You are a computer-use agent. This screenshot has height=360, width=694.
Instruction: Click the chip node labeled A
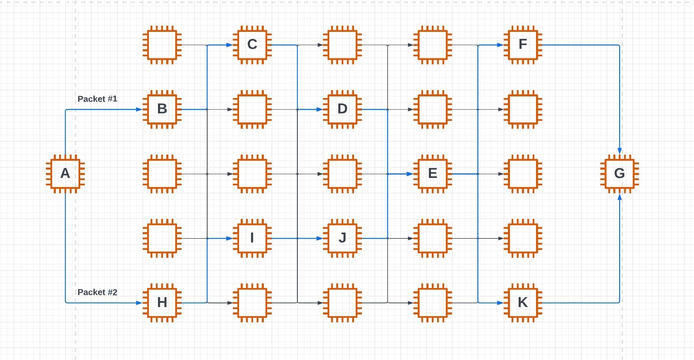click(65, 174)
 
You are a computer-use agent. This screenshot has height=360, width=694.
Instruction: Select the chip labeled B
click(162, 109)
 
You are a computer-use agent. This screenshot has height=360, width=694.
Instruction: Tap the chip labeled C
click(252, 45)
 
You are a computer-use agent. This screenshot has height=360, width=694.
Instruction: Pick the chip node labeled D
click(342, 109)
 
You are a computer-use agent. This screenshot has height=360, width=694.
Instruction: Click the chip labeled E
click(433, 174)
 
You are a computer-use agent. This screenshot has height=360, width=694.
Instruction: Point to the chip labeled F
click(523, 45)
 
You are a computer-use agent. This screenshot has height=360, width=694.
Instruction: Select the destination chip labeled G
click(619, 174)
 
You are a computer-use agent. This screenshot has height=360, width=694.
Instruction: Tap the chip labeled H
click(162, 302)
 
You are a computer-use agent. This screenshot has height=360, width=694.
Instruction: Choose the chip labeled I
click(252, 238)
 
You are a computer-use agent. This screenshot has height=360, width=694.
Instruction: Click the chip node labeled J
click(342, 238)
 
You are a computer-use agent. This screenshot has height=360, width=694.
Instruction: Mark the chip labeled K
click(523, 302)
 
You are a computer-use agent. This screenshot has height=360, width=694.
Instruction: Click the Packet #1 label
click(97, 99)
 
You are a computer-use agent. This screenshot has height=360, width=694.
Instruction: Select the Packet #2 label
click(97, 292)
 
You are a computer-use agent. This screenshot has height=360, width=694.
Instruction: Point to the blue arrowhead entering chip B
click(139, 110)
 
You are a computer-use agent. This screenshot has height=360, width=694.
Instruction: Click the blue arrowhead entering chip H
click(139, 303)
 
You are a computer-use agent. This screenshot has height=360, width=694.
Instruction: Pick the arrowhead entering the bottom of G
click(620, 197)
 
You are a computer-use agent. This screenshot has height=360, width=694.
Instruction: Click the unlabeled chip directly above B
click(162, 45)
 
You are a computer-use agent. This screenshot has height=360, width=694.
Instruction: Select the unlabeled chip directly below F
click(523, 109)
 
